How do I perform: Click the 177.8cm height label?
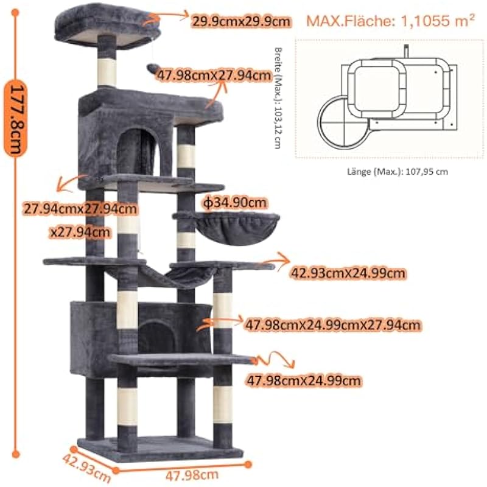click(16, 118)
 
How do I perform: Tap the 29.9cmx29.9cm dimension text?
click(241, 22)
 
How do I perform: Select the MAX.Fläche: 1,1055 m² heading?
click(391, 21)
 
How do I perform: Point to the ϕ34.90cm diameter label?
click(235, 203)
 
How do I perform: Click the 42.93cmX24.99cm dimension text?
click(348, 273)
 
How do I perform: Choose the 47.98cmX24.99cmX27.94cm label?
click(332, 325)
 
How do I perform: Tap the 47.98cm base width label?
click(192, 475)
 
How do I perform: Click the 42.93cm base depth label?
click(86, 468)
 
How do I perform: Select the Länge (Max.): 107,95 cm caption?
click(398, 172)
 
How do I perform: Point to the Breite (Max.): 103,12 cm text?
click(278, 98)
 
